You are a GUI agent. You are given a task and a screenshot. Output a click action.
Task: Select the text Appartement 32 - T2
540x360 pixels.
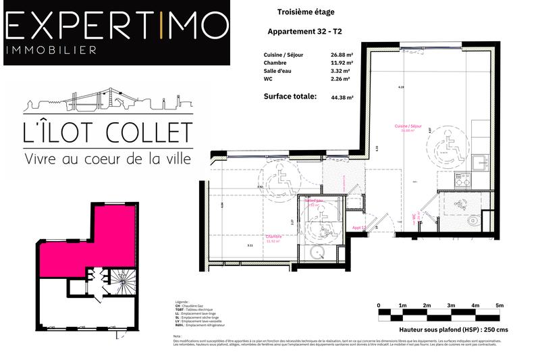coord(310,32)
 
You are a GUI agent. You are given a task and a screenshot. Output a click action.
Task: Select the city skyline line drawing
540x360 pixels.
coord(108,101)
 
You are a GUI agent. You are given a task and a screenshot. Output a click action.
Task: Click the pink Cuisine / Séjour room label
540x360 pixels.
coord(408,127)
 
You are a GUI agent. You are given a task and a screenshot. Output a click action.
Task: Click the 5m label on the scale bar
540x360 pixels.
coord(500,305)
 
